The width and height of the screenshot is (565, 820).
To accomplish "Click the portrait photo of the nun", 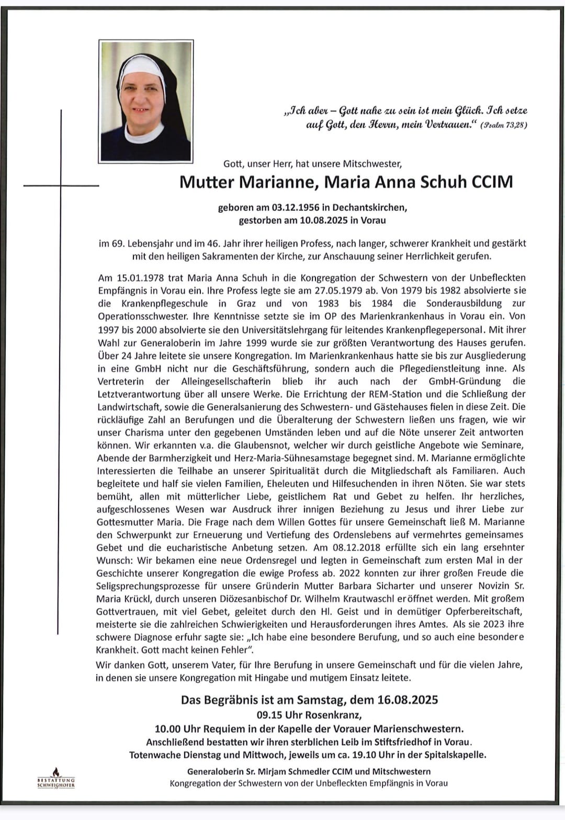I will pos(146,101).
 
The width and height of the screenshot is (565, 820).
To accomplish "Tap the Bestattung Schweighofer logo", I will pos(56,779).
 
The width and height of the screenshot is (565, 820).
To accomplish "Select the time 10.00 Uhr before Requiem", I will pos(183,728).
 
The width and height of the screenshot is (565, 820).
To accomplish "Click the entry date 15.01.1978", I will pos(139,278).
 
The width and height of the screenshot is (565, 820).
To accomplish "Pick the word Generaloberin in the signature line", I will pos(216,771).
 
